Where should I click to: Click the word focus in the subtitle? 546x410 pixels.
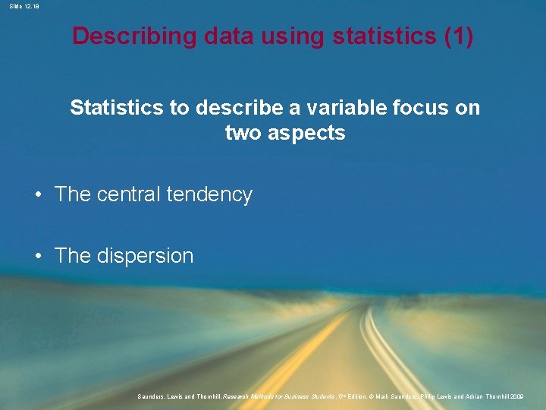(x=421, y=108)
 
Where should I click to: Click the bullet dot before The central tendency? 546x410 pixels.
(x=38, y=195)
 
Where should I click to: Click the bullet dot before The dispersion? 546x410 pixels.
(x=38, y=257)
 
